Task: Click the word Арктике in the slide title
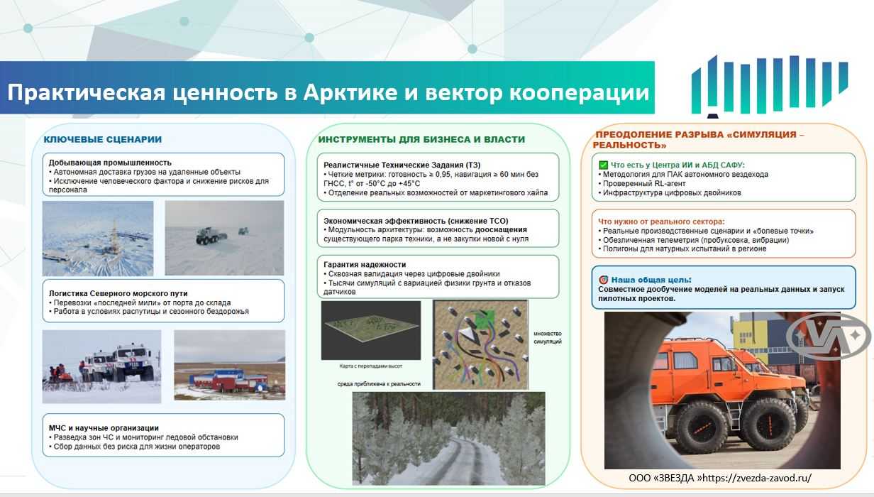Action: (350, 92)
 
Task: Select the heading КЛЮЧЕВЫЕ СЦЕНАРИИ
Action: (103, 139)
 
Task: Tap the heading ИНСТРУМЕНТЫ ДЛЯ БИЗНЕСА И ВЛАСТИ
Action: (421, 139)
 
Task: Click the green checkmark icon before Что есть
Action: (603, 165)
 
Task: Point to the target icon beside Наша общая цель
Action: (603, 280)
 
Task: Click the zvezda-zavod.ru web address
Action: (757, 478)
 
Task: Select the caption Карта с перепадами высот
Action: (370, 366)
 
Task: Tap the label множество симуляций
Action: (548, 337)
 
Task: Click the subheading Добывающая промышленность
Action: (110, 163)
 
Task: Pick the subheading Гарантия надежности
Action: (365, 264)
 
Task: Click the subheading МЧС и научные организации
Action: (104, 428)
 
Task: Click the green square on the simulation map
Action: (485, 319)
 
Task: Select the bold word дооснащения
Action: (501, 229)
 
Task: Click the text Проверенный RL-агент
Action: (644, 183)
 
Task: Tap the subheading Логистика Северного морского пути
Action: (118, 293)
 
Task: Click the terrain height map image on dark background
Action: (371, 330)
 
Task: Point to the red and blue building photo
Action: (229, 365)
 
